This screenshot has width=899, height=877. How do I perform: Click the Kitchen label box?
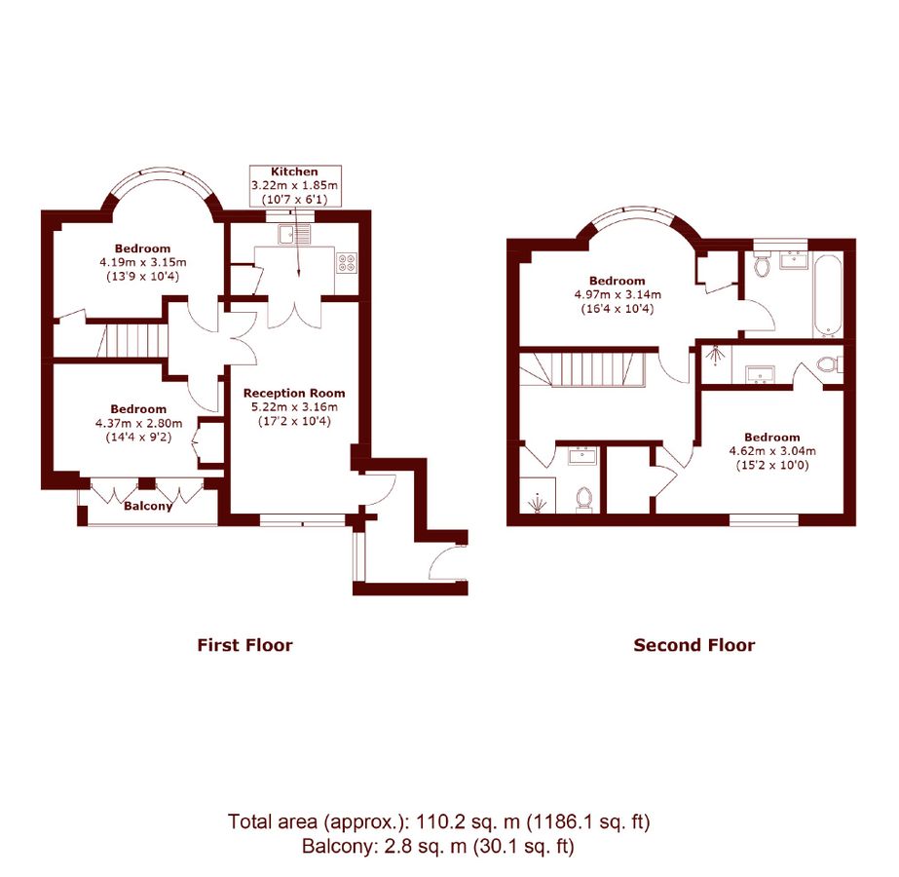[294, 185]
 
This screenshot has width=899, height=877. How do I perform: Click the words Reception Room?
[294, 394]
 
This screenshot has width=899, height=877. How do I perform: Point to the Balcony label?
[148, 506]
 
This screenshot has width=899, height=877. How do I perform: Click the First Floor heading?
[244, 645]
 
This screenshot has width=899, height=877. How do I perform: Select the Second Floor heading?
[693, 645]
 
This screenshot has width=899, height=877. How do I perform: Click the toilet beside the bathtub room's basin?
[763, 265]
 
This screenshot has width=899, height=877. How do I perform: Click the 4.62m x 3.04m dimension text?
[771, 451]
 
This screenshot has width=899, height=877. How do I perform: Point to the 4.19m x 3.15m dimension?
[142, 262]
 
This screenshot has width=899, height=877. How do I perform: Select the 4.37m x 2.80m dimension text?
[138, 423]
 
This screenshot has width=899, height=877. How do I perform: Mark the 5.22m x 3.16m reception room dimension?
[294, 407]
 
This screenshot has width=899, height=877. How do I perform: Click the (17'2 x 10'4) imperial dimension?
[294, 421]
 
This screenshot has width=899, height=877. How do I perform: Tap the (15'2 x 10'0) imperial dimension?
[771, 466]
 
